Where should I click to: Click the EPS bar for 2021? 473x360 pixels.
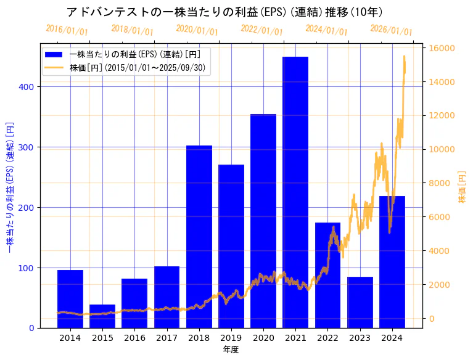(x=295, y=192)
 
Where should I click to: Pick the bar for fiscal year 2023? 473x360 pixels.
(x=360, y=302)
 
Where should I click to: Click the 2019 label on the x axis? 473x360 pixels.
(x=231, y=338)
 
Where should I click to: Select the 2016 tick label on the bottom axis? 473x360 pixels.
(x=134, y=338)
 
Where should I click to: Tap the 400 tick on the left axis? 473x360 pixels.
(x=28, y=87)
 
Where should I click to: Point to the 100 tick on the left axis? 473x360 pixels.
(x=28, y=268)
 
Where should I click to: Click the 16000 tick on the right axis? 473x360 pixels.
(x=442, y=48)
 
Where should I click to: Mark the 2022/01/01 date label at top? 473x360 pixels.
(x=261, y=30)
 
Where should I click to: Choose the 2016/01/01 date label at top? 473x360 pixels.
(x=67, y=30)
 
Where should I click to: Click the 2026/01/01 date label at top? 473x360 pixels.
(x=391, y=30)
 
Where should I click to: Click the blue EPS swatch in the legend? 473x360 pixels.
(x=54, y=54)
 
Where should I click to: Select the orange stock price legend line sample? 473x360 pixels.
(x=54, y=67)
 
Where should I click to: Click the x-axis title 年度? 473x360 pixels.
(x=231, y=350)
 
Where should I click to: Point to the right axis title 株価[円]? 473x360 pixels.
(x=462, y=187)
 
